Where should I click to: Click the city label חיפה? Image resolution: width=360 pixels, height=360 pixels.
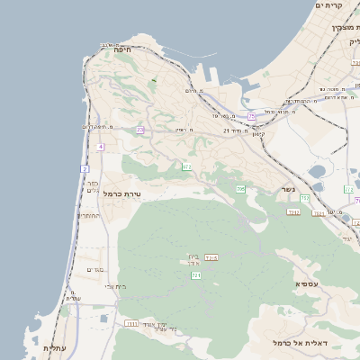[123, 51]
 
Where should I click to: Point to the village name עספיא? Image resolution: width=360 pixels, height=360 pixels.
[306, 284]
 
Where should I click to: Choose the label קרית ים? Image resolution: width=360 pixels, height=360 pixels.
[330, 5]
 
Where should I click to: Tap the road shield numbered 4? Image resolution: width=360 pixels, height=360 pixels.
[101, 147]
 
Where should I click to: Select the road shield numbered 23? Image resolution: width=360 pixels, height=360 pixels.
[140, 130]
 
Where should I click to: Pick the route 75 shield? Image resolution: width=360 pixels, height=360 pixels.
[252, 117]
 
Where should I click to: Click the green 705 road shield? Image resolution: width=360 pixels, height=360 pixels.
[240, 189]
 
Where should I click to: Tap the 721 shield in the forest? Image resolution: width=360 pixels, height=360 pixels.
[196, 275]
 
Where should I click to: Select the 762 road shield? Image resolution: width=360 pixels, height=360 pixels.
[305, 198]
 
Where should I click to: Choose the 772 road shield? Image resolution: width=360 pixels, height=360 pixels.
[348, 189]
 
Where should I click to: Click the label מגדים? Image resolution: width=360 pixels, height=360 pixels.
[95, 269]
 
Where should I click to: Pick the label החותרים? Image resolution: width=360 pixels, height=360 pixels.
[89, 216]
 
